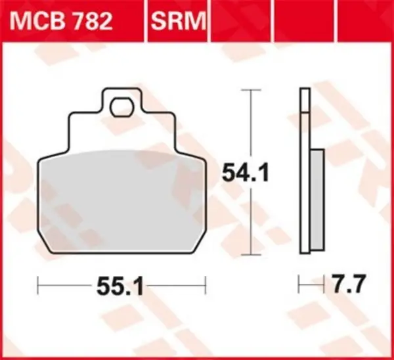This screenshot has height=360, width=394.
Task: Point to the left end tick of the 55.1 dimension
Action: click(x=39, y=286)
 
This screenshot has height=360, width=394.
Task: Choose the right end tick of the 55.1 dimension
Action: click(x=206, y=286)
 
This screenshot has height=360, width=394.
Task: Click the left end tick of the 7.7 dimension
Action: click(x=299, y=286)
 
